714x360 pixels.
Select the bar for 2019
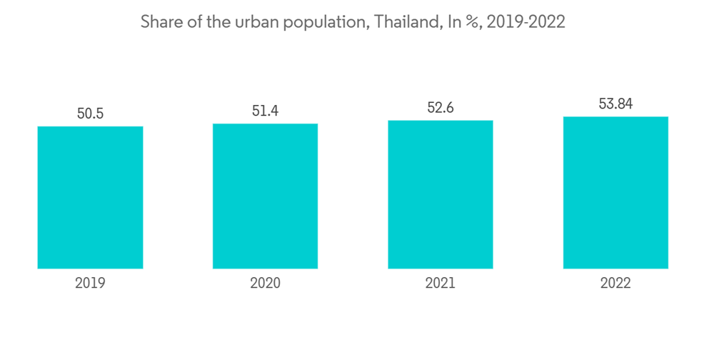(90, 197)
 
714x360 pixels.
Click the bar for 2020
(265, 196)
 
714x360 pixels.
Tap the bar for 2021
(441, 194)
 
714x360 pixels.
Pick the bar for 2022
(615, 192)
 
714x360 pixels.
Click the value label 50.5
(91, 114)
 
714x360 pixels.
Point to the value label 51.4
(266, 111)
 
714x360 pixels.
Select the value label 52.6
(441, 108)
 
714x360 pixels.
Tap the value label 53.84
(615, 104)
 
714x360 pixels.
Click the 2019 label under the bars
(90, 283)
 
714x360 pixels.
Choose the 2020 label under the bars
(265, 283)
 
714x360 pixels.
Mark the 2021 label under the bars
(441, 283)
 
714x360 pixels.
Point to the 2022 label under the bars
(615, 283)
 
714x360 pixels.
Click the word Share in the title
(160, 22)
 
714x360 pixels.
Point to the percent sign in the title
(471, 23)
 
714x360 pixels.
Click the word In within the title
(453, 22)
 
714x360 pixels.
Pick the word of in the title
(192, 22)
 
